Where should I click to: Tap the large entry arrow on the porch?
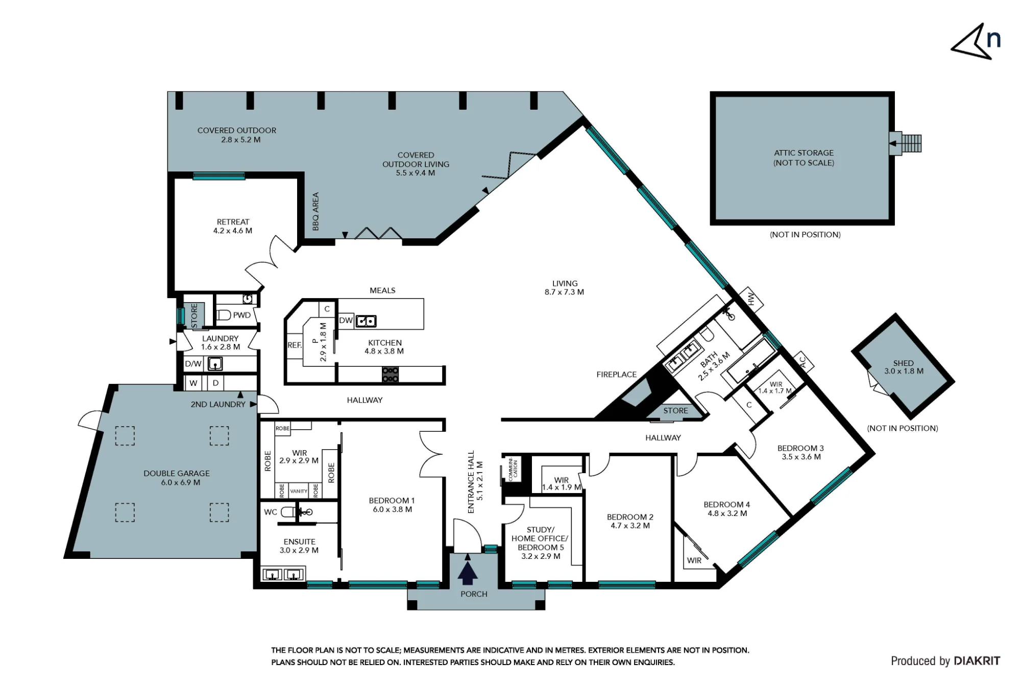tap(468, 572)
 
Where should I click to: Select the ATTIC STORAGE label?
tap(804, 153)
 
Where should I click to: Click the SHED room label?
tap(903, 363)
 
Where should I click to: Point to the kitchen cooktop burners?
tap(391, 375)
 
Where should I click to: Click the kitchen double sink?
tap(366, 321)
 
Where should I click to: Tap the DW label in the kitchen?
tap(346, 321)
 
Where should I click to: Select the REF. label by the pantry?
tap(295, 345)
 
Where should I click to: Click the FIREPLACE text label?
tap(616, 375)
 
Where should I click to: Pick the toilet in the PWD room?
tap(223, 315)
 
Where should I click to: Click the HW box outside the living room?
tap(751, 300)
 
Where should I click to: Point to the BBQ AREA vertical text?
tap(315, 211)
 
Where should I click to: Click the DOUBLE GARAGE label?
tap(177, 473)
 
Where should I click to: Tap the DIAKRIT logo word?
tap(977, 661)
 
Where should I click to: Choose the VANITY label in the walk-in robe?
tap(299, 492)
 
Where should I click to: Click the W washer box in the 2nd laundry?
tap(193, 383)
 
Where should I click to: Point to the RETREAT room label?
tap(233, 222)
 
